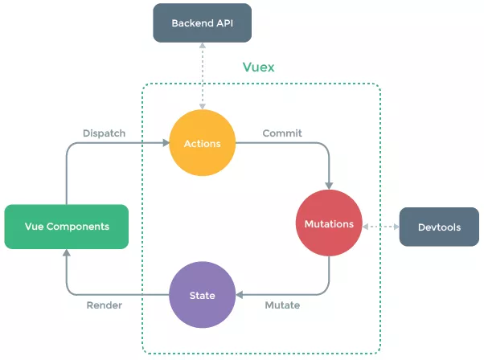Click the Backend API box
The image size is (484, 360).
pos(202,22)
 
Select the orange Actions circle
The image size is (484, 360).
pos(203,143)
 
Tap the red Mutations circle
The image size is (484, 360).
pos(329,223)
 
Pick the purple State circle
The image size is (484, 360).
pos(203,295)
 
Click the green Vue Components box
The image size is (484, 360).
pos(67,227)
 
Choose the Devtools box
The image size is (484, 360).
pos(439,227)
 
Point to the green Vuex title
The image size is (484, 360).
pos(258,67)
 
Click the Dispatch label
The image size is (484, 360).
pos(104,133)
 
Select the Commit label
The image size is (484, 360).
pos(282,133)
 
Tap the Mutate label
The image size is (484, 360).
pos(282,305)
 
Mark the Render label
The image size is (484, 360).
pos(105,305)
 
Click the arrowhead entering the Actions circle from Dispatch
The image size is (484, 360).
pos(166,143)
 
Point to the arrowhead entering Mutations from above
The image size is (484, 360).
pos(329,186)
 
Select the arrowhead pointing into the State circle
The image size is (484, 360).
pos(240,295)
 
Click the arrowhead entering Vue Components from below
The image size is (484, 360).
pos(67,252)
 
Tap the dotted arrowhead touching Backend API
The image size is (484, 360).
pos(203,45)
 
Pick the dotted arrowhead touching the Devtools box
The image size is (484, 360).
pos(396,227)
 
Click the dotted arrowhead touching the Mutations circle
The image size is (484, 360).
pos(365,227)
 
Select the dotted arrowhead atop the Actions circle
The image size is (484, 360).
pos(203,107)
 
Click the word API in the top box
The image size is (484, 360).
pos(225,23)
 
